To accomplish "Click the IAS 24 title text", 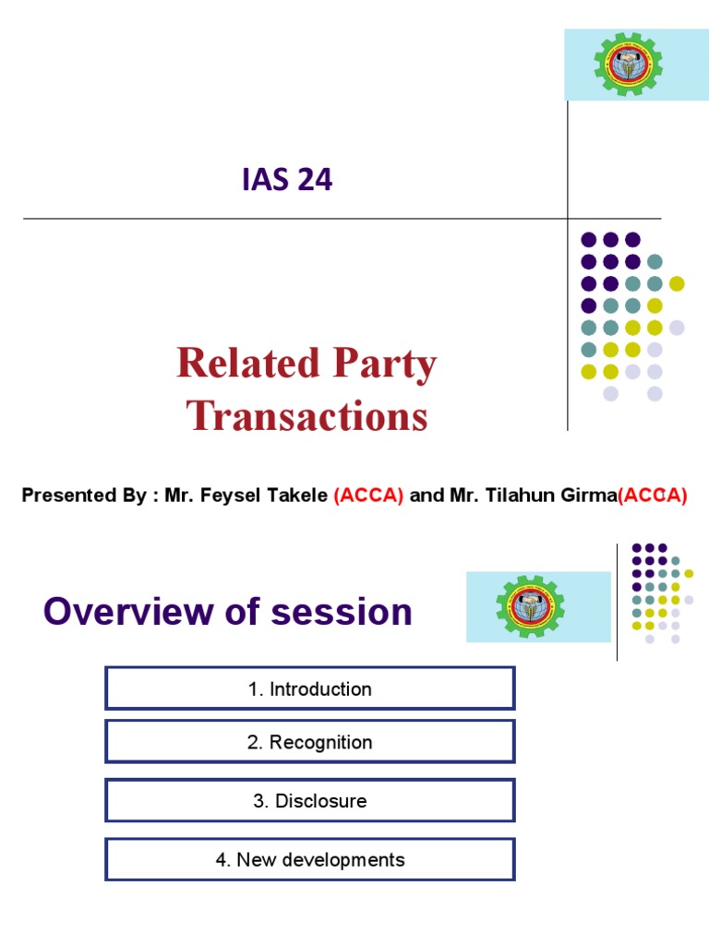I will pyautogui.click(x=287, y=180).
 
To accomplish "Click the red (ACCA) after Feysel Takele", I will pyautogui.click(x=369, y=496).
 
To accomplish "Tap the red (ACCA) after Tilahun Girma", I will pyautogui.click(x=654, y=496).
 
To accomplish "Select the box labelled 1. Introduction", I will pyautogui.click(x=310, y=688).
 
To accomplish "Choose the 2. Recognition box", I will pyautogui.click(x=310, y=742).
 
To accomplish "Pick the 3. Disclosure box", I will pyautogui.click(x=310, y=801).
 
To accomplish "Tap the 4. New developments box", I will pyautogui.click(x=310, y=860).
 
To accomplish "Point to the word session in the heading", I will pyautogui.click(x=353, y=611).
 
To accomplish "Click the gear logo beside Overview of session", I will pyautogui.click(x=531, y=606).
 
